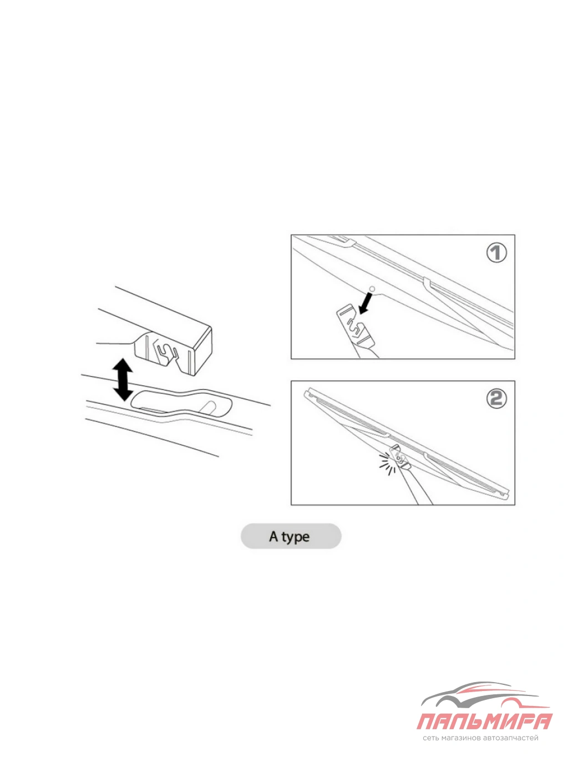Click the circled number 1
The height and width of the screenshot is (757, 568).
click(496, 253)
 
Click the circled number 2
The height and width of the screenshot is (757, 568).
click(496, 399)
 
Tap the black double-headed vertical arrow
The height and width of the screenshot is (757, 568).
click(123, 379)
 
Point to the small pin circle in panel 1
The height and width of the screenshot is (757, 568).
click(372, 289)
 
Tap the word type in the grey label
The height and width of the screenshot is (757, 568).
click(295, 537)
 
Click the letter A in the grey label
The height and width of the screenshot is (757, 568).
click(273, 536)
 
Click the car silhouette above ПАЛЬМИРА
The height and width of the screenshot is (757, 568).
click(480, 696)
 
